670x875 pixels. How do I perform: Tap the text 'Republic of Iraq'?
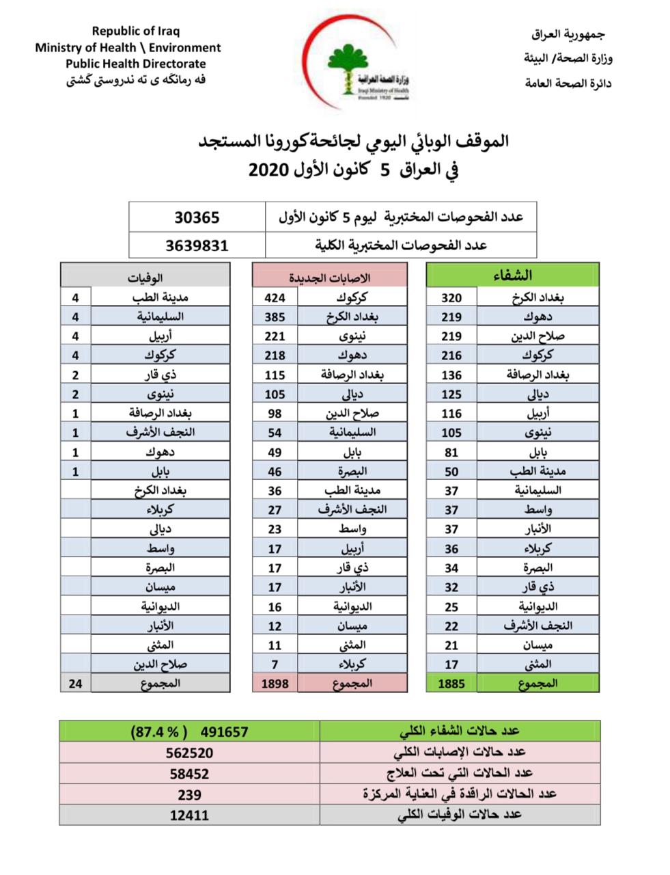(136, 31)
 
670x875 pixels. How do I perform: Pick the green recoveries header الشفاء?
(512, 275)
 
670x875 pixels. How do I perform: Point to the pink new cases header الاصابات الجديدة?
(330, 277)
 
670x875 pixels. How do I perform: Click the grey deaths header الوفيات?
(145, 277)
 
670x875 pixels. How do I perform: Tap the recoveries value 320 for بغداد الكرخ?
(451, 297)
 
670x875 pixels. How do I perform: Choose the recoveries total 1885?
(451, 683)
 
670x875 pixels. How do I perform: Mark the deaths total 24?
(76, 683)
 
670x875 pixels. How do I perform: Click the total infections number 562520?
(190, 753)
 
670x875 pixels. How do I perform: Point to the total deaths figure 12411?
(190, 815)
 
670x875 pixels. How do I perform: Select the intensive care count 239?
(190, 794)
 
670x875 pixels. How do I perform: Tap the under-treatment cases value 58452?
(190, 773)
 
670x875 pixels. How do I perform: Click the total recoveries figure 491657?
(225, 731)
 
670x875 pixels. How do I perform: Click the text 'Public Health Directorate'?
(135, 64)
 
